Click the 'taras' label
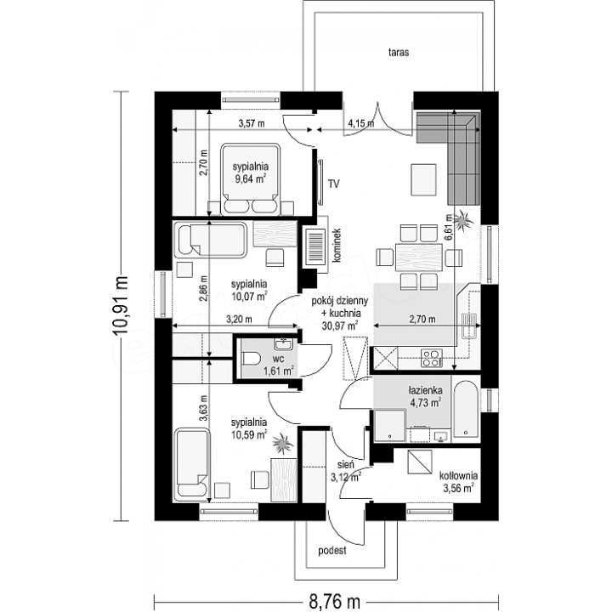[x=399, y=53]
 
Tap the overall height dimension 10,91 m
[x=121, y=305]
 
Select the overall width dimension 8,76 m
[x=335, y=601]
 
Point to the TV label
[x=334, y=184]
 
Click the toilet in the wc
[x=251, y=358]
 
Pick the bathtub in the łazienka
[x=466, y=410]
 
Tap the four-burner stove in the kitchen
[x=432, y=358]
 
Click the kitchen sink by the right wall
[x=468, y=326]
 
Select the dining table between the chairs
[x=419, y=257]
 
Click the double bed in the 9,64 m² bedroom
[x=251, y=179]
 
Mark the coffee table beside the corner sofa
[x=423, y=179]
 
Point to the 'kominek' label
[x=337, y=245]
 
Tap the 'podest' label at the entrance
[x=332, y=551]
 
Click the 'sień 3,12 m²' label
[x=346, y=471]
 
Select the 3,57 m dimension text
[x=252, y=124]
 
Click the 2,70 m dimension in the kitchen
[x=422, y=320]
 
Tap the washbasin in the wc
[x=282, y=344]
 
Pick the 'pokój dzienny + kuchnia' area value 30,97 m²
[x=340, y=325]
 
